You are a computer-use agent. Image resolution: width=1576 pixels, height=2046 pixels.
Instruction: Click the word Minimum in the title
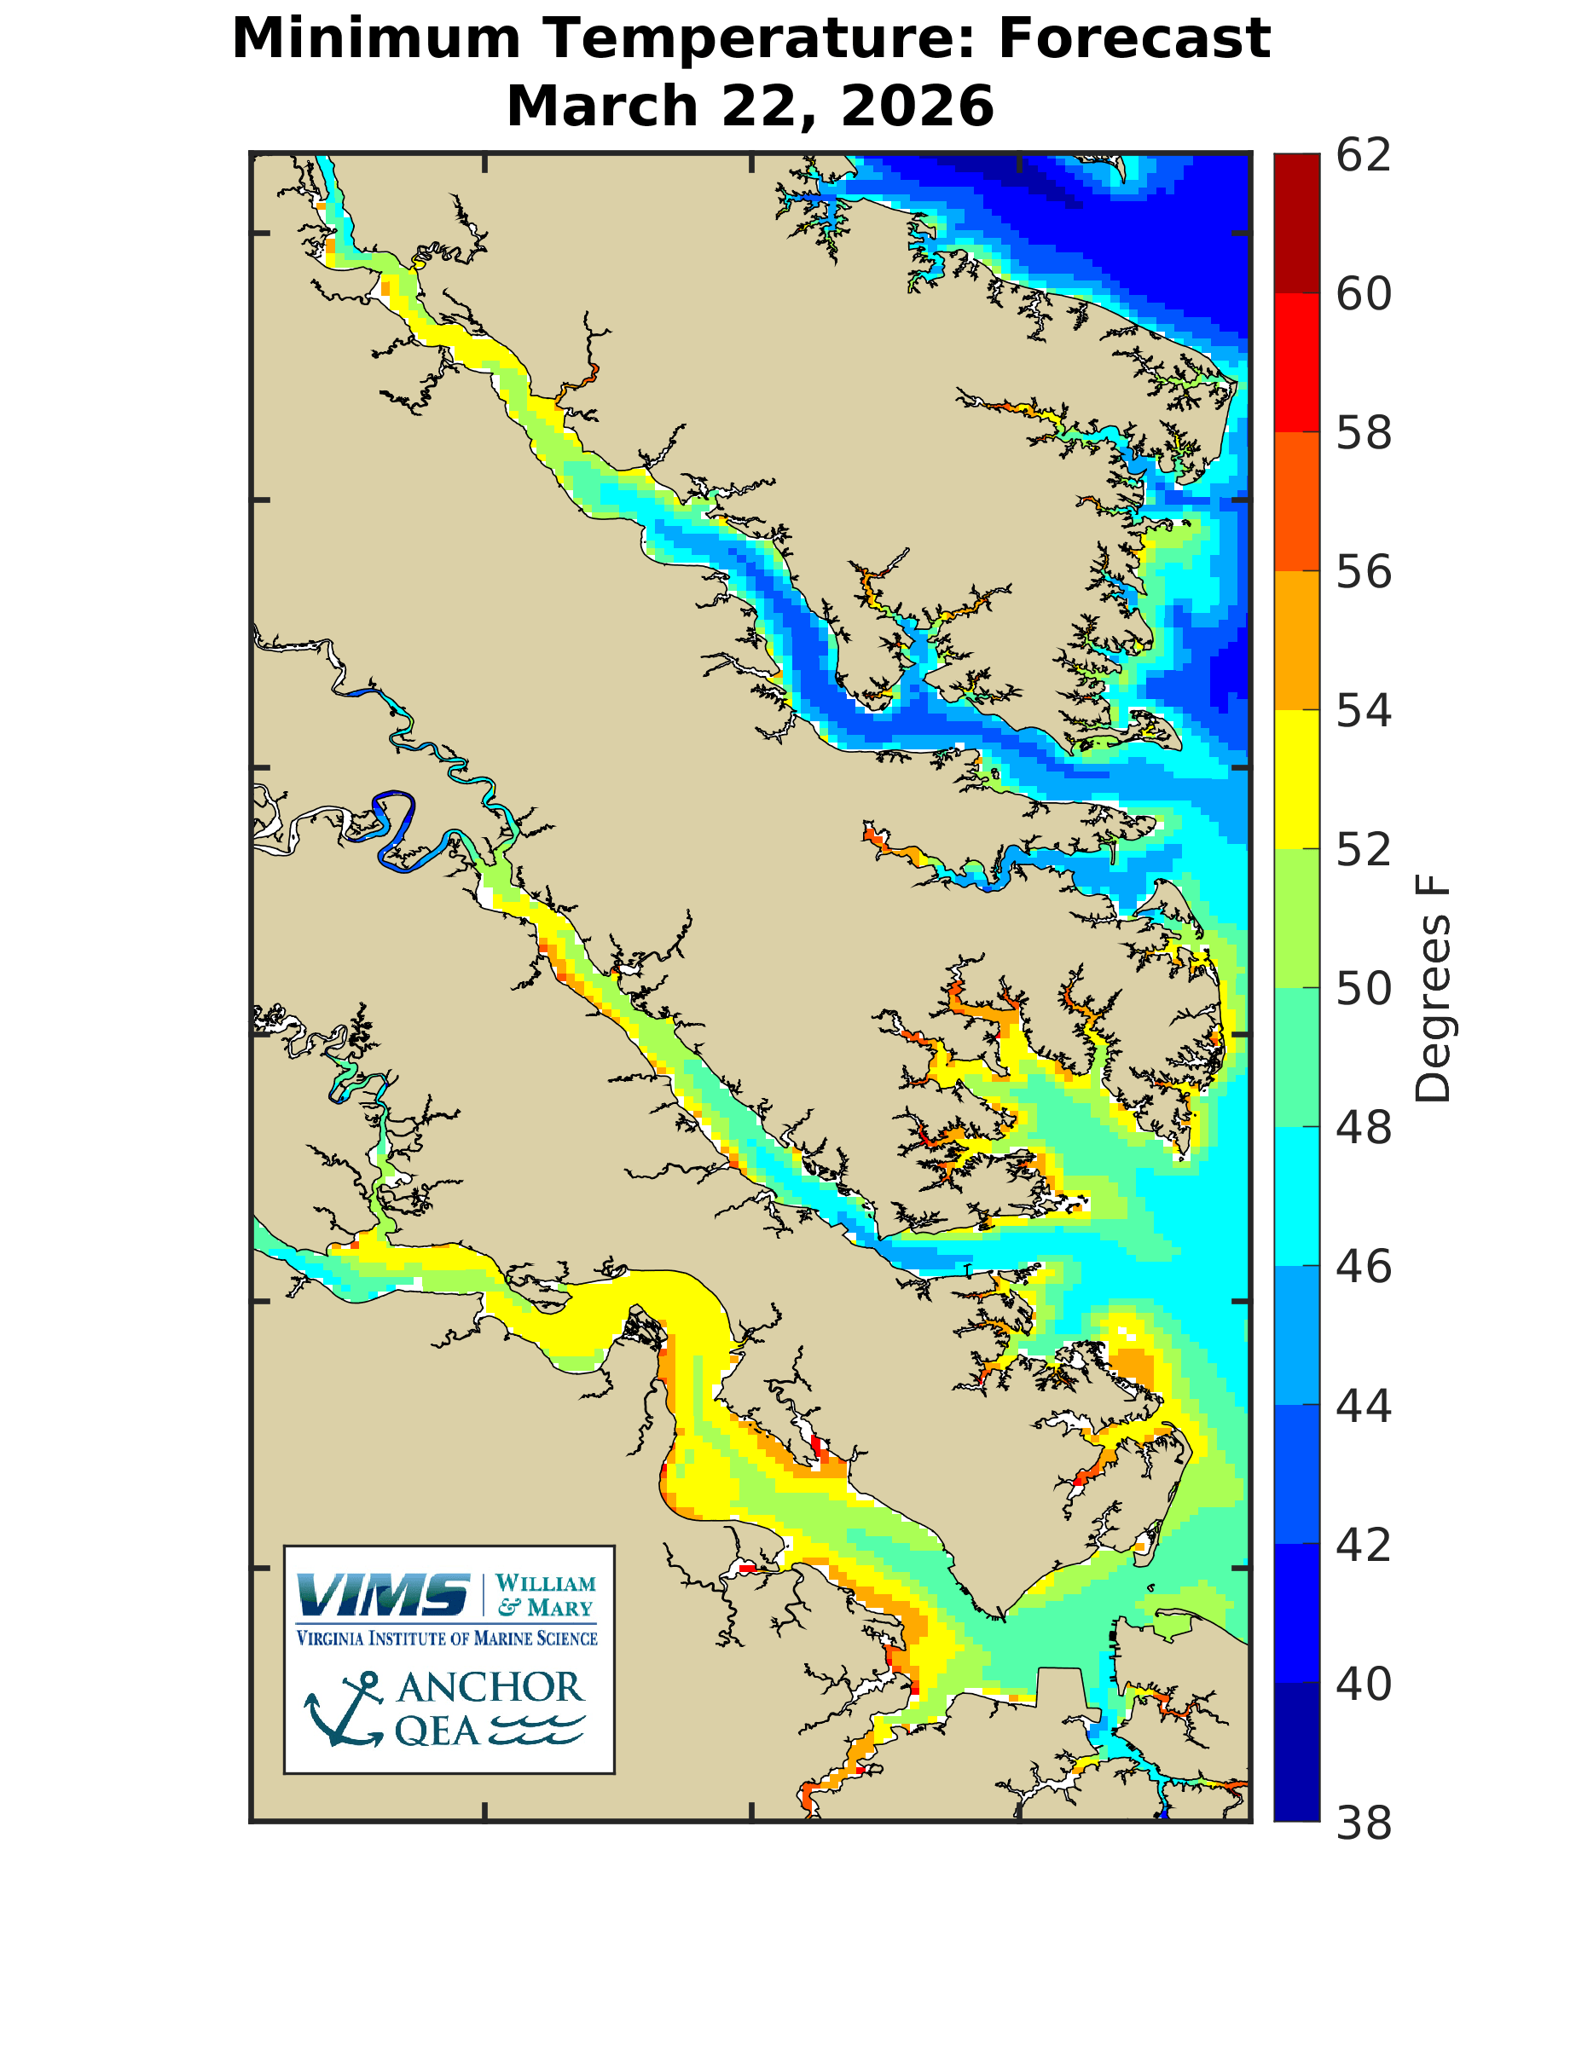point(374,39)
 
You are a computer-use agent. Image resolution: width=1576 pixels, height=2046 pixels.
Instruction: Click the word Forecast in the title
point(1133,39)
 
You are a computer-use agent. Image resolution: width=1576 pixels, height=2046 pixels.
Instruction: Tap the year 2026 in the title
point(917,106)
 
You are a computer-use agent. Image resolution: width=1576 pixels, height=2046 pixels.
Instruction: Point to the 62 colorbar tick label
point(1364,155)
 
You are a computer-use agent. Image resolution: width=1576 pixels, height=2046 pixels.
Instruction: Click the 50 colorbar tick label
point(1364,989)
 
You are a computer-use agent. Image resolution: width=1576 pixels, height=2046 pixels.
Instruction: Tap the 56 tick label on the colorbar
point(1364,572)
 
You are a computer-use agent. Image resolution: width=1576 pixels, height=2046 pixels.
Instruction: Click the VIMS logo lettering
point(383,1595)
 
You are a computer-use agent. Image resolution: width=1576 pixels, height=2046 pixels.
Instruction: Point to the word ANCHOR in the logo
point(490,1688)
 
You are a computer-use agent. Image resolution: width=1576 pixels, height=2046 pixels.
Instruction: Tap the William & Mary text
point(545,1595)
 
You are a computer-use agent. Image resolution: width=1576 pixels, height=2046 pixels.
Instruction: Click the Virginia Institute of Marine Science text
point(447,1639)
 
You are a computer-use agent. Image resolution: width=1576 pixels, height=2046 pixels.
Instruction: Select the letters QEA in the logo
point(437,1731)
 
